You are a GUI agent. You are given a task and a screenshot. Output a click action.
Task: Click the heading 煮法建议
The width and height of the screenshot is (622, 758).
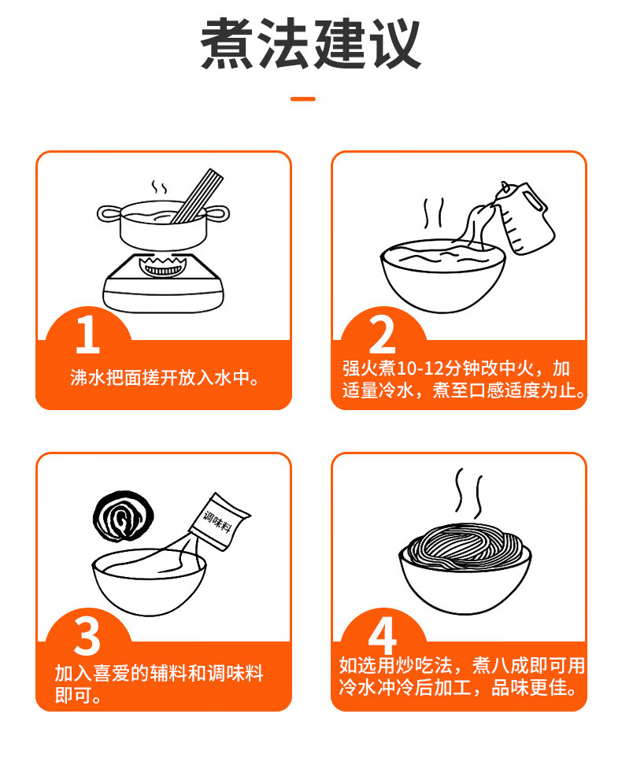click(310, 45)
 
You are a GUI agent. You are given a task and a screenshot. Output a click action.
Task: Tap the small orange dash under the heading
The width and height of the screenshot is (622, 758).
click(303, 99)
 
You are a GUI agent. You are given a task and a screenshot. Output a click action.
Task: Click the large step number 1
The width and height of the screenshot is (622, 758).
click(87, 335)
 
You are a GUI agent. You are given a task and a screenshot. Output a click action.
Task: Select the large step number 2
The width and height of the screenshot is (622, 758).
click(383, 335)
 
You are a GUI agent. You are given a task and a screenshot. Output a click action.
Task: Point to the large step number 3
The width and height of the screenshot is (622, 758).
click(87, 636)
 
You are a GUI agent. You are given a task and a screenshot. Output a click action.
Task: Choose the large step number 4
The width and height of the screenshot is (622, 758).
click(383, 636)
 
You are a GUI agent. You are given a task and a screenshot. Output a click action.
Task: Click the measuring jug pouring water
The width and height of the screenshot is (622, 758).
click(526, 216)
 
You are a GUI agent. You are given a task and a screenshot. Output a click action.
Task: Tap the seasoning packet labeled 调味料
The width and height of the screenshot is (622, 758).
click(220, 522)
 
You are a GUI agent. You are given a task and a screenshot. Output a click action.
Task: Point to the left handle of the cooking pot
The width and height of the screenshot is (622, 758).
click(109, 213)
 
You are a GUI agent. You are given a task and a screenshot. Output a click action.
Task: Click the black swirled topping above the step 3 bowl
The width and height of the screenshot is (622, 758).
click(124, 517)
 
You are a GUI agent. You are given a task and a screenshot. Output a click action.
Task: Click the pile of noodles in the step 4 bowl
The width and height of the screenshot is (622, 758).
click(465, 546)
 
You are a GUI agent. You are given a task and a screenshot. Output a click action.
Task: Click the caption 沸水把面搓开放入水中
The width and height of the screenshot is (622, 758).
click(165, 378)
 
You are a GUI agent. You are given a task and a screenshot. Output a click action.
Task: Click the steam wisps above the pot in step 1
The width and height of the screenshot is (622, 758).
click(159, 187)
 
